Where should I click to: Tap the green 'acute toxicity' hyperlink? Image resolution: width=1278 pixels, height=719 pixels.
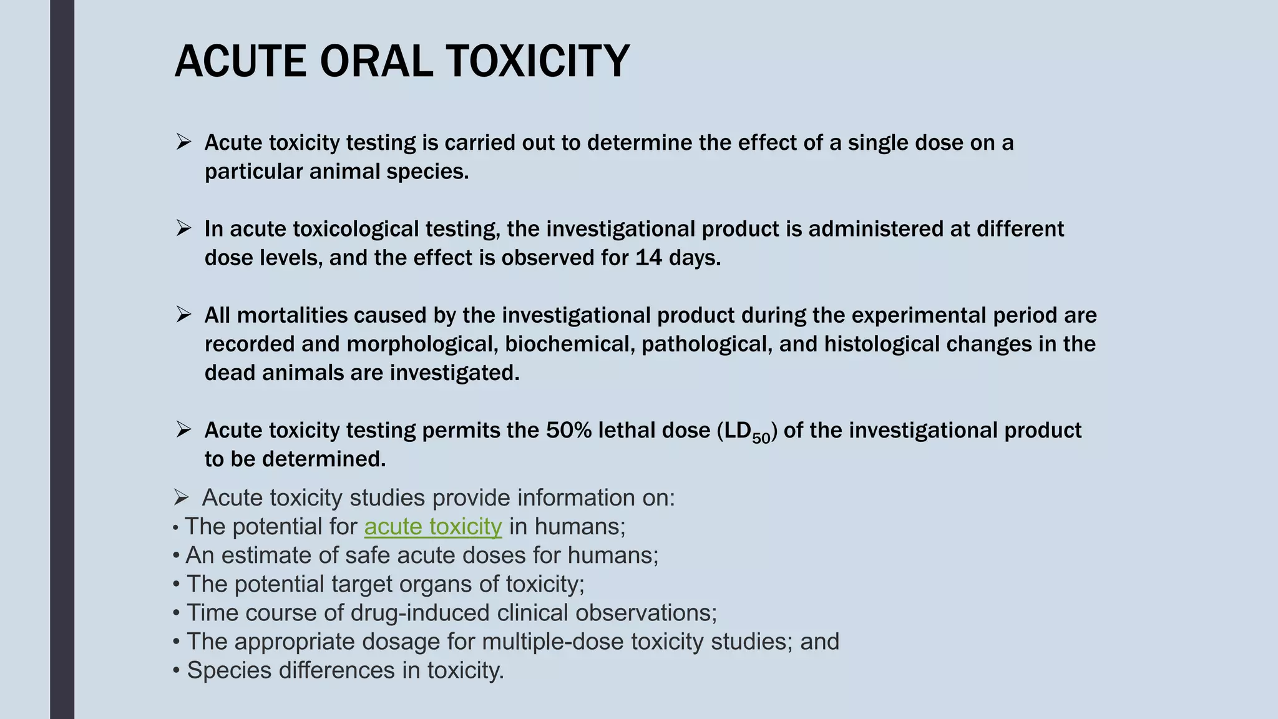(x=433, y=527)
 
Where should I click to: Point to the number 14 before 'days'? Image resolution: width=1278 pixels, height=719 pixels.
(x=648, y=258)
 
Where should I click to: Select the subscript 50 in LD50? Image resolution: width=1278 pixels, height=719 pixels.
(x=761, y=438)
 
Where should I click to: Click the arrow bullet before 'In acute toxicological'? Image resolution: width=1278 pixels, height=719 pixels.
(x=183, y=228)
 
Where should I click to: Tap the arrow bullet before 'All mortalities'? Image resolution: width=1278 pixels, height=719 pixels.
(x=183, y=315)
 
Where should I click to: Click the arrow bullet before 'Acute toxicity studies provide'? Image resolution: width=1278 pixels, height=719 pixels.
(x=181, y=498)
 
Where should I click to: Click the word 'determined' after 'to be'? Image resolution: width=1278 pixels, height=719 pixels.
(x=323, y=459)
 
